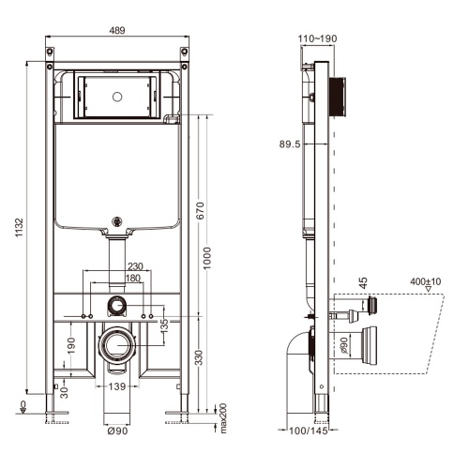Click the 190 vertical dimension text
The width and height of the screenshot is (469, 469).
pyautogui.click(x=72, y=347)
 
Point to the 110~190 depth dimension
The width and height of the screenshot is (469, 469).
pyautogui.click(x=318, y=39)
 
